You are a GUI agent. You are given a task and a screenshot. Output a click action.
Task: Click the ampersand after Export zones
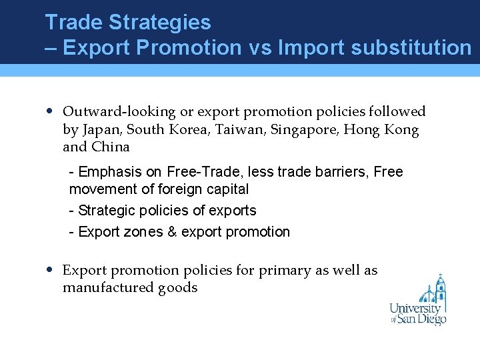[x=172, y=232]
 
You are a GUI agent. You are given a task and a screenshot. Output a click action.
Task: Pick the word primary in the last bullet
[x=287, y=271]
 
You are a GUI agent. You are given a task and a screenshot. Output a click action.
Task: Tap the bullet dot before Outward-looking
[x=51, y=111]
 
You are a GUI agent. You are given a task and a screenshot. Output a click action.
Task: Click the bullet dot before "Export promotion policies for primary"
[x=51, y=270]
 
